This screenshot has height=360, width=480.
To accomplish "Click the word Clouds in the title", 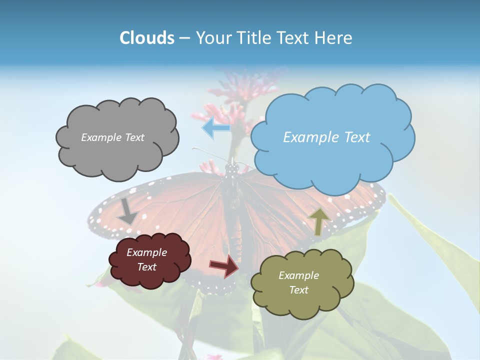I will (147, 38).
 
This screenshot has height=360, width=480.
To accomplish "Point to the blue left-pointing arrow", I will (215, 127).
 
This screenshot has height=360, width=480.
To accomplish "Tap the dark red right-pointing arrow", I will (224, 266).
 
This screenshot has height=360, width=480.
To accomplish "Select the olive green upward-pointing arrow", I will (319, 221).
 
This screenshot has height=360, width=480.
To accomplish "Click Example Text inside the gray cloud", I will (112, 137).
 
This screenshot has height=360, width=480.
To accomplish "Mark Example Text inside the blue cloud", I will (326, 137).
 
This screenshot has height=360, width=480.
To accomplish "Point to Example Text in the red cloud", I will (146, 259).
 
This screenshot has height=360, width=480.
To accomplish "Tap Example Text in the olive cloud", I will (298, 282).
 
